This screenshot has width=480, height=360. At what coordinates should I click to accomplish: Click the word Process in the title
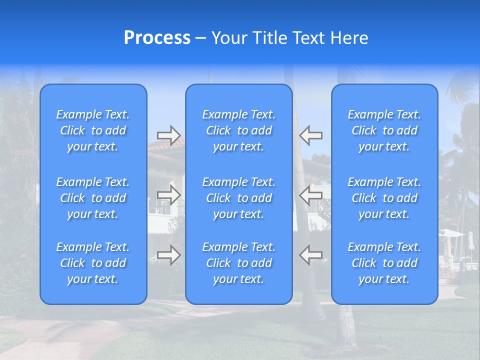tap(157, 38)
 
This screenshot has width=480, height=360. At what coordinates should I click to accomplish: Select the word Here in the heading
tap(349, 38)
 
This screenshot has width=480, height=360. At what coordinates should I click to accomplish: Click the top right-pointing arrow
tap(168, 135)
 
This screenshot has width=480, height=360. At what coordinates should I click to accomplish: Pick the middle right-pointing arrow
tap(168, 194)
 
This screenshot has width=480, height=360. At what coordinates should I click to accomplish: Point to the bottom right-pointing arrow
tap(168, 254)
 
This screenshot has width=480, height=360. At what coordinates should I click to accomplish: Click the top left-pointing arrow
tap(311, 135)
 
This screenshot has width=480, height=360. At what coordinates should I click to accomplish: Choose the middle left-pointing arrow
tap(311, 194)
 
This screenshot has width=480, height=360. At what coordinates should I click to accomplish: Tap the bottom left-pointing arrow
tap(311, 254)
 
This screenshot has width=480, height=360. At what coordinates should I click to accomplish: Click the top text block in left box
tap(93, 130)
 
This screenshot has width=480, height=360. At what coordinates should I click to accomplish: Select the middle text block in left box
tap(93, 198)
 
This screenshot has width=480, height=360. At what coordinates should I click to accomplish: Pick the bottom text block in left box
tap(93, 263)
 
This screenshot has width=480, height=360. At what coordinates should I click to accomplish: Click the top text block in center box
tap(239, 130)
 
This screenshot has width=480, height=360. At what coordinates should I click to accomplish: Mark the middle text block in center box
tap(239, 198)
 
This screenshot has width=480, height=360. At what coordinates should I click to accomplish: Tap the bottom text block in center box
tap(239, 263)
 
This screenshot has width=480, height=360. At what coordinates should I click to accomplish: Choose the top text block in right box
tap(384, 130)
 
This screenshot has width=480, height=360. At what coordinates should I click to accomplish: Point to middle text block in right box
tap(384, 198)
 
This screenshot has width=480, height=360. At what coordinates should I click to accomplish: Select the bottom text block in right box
tap(384, 263)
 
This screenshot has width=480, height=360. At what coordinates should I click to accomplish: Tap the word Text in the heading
tap(309, 38)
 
